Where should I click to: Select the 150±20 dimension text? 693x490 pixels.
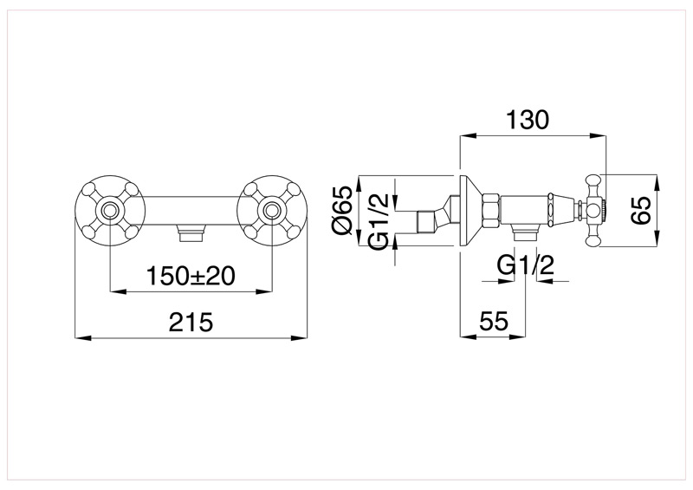[191, 276]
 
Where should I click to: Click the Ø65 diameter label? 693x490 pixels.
[342, 212]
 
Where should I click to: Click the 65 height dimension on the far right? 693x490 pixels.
[640, 211]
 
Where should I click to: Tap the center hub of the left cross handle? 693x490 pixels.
[109, 211]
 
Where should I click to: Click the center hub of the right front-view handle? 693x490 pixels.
[272, 211]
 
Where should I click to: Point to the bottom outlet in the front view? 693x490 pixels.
[191, 232]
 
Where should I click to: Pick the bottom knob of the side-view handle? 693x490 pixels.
[595, 240]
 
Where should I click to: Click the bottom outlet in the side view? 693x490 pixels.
[526, 232]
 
